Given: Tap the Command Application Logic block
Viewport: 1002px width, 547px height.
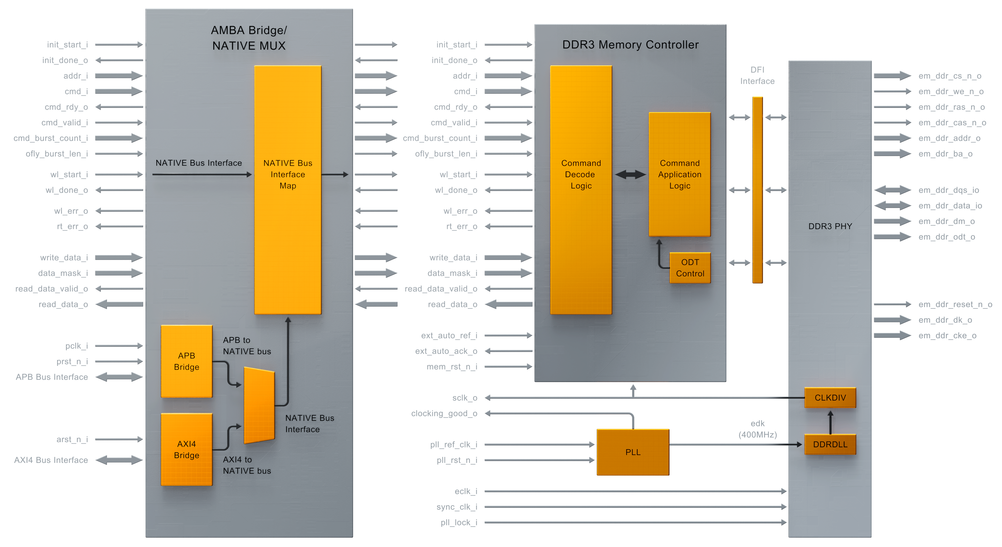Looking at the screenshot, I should tap(679, 174).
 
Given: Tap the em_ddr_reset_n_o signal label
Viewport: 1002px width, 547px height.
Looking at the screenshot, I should tap(955, 304).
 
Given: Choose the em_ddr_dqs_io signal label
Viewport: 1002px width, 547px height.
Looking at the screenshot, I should tap(948, 190).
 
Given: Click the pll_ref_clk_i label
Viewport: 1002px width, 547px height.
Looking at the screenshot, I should tap(453, 444).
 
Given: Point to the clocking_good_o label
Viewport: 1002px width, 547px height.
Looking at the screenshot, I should tap(444, 413).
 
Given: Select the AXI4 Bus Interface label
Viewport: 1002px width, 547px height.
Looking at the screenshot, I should tap(51, 460).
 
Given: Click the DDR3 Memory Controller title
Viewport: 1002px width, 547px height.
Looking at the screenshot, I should tap(630, 45).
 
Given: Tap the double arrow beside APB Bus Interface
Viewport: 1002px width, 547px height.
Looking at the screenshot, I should tap(119, 377).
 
